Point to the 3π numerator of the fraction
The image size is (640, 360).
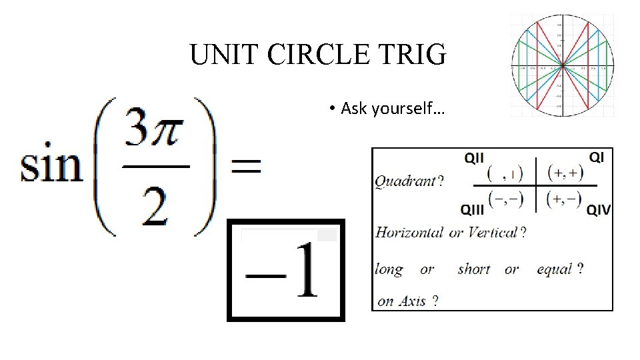coord(155,132)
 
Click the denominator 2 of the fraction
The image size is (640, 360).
coord(155,208)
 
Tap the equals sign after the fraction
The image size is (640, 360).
coord(245,167)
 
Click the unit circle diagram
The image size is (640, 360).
coord(562,65)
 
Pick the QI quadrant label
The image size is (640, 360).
coord(597,157)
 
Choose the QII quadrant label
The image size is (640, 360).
coord(474,157)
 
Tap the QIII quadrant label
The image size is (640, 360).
coord(473,209)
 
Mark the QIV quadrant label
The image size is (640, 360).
coord(598,210)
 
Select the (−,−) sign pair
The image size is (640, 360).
coord(505,199)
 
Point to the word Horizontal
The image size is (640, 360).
coord(409,233)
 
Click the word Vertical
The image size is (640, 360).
coord(493,233)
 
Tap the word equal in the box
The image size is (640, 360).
coord(555,269)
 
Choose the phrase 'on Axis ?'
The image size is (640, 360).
coord(408,301)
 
